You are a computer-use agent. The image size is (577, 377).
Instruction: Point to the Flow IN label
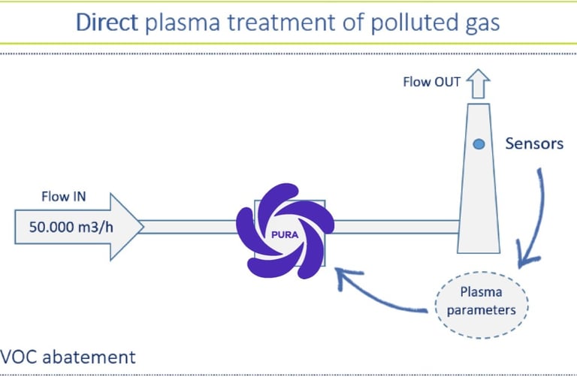click(64, 198)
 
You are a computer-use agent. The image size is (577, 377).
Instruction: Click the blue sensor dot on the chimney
click(478, 143)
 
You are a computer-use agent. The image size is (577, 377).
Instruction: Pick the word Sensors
click(534, 143)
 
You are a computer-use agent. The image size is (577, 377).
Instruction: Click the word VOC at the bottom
click(17, 356)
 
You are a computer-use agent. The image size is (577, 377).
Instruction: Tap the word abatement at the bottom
click(88, 356)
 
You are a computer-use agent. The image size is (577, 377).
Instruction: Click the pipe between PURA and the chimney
click(391, 226)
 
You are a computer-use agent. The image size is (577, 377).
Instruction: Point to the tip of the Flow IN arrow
click(141, 225)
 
